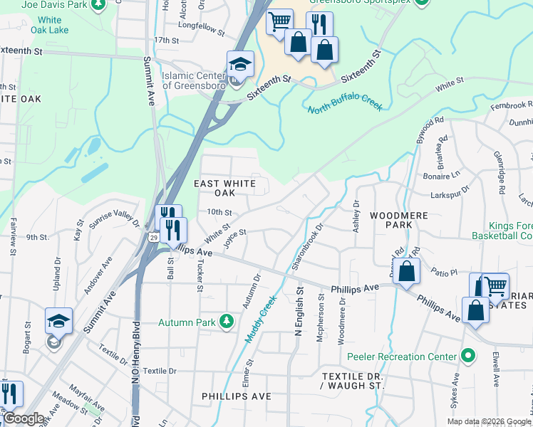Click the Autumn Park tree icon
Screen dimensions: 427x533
pyautogui.click(x=227, y=322)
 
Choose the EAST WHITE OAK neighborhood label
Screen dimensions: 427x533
pyautogui.click(x=225, y=189)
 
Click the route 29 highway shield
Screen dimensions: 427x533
pyautogui.click(x=153, y=237)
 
